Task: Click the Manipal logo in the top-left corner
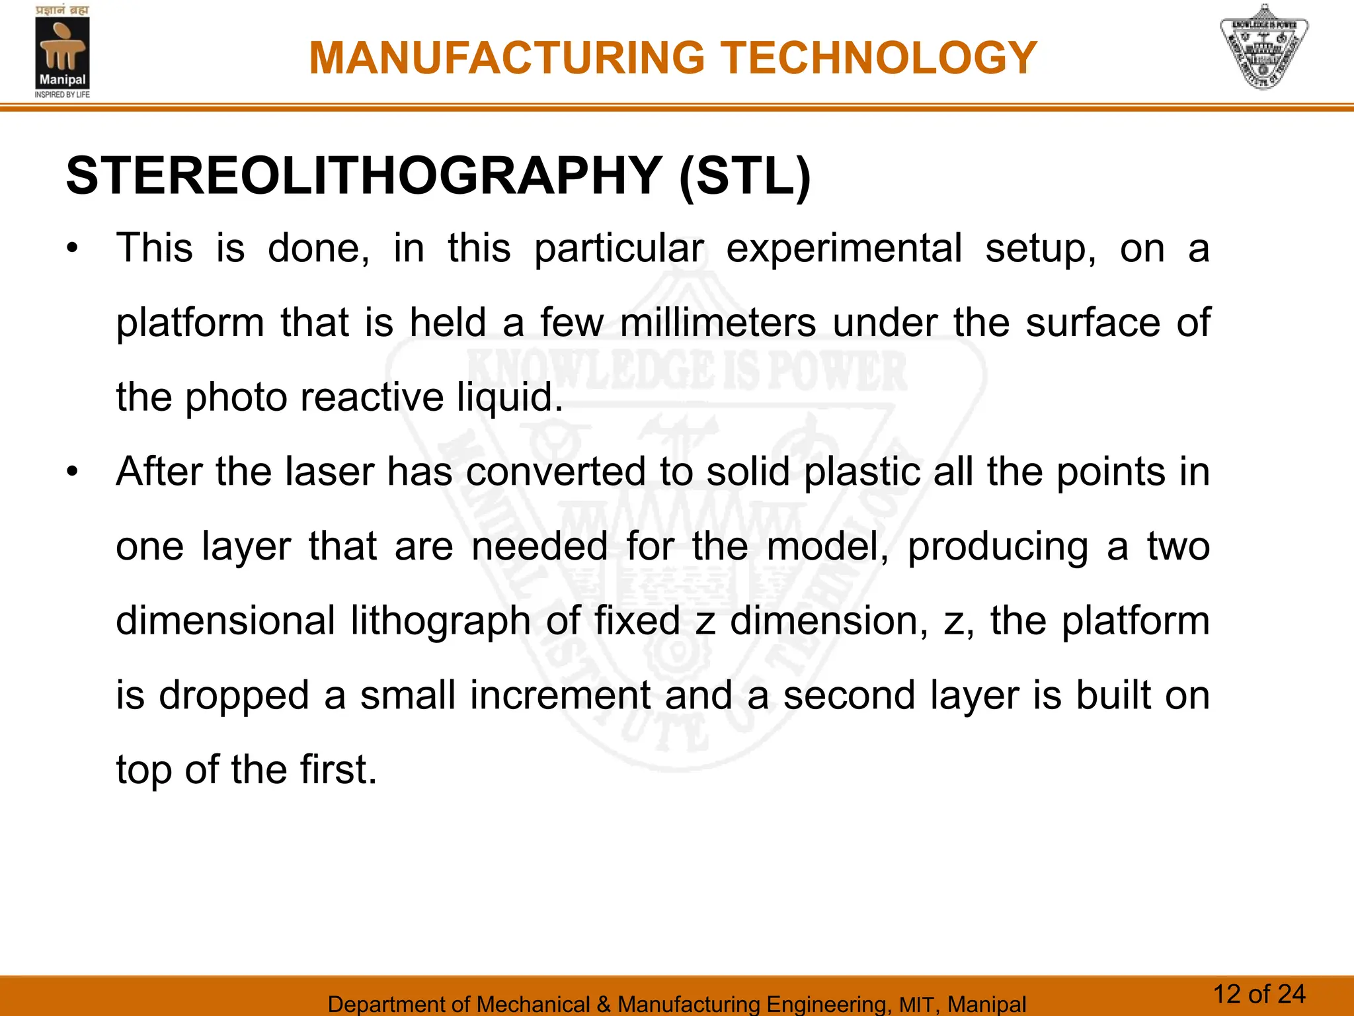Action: point(62,52)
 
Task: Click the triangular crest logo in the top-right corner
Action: point(1263,47)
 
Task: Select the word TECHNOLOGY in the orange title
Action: point(879,58)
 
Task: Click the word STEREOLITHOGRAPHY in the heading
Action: point(364,176)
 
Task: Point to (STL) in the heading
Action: point(744,177)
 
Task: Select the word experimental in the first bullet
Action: point(844,249)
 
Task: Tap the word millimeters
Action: point(718,323)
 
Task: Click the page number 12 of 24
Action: point(1259,994)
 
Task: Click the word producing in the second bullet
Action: point(998,547)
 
